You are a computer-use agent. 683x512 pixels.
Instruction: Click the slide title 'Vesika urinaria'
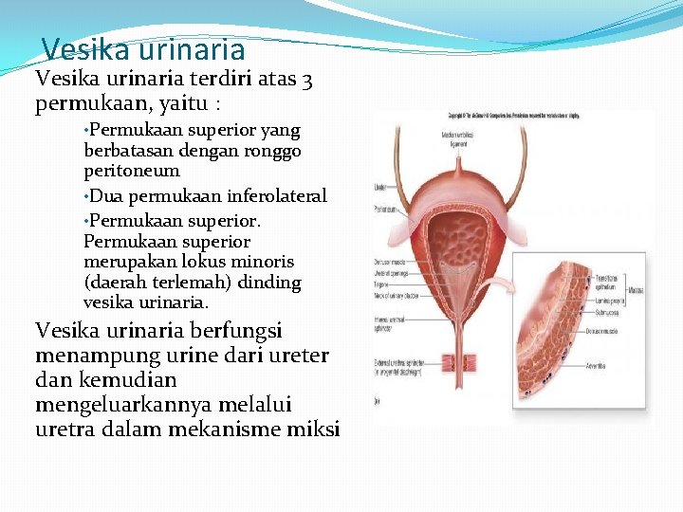pos(143,48)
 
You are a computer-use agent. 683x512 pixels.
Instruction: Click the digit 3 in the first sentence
pos(307,81)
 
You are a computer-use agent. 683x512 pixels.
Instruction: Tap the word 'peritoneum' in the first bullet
pos(132,171)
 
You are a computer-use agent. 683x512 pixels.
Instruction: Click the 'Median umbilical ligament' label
pos(458,138)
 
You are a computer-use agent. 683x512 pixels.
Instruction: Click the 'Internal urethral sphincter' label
pos(391,324)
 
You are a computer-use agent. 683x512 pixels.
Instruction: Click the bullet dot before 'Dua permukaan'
pos(87,196)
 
